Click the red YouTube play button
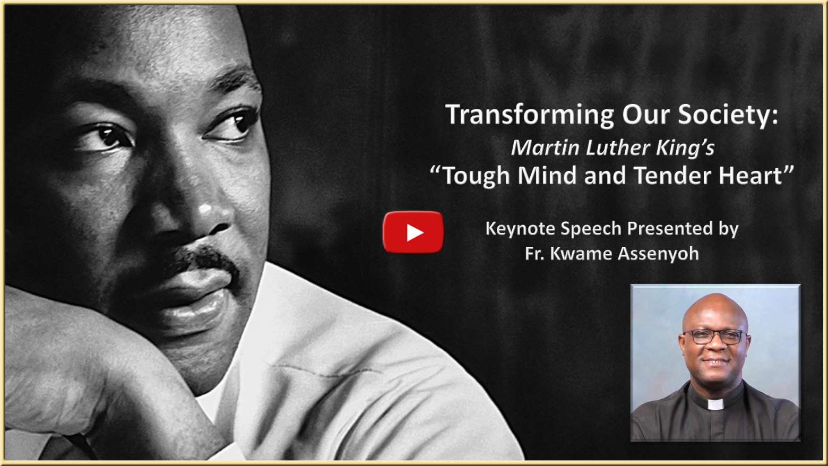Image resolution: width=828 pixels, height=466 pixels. [x=413, y=232]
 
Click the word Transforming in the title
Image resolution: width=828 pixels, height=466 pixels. [x=531, y=115]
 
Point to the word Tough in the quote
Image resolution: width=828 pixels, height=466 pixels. [x=477, y=176]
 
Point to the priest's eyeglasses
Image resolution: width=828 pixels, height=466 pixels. [x=713, y=337]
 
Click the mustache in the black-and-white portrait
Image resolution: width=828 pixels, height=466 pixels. [x=202, y=259]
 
